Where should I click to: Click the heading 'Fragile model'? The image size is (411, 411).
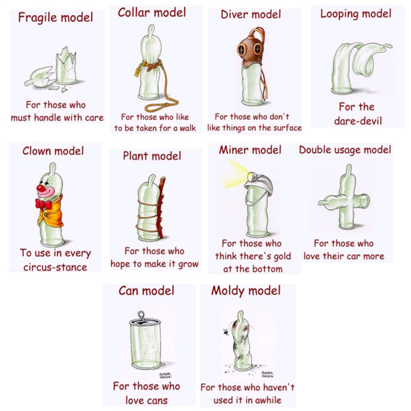click(x=55, y=18)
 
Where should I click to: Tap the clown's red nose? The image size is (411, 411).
click(x=40, y=188)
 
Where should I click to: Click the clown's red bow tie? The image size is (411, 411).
click(x=44, y=203)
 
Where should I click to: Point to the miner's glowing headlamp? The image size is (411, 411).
click(x=252, y=176)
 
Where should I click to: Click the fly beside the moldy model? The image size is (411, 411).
click(x=225, y=332)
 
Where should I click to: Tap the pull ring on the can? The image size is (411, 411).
click(x=141, y=316)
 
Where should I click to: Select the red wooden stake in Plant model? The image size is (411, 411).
click(x=160, y=207)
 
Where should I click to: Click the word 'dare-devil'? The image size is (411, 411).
click(x=358, y=121)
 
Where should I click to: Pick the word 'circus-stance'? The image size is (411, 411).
click(x=55, y=267)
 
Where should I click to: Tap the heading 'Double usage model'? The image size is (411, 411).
click(x=345, y=150)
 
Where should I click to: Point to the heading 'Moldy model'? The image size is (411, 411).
click(x=246, y=291)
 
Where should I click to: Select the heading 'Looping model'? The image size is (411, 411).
click(x=356, y=14)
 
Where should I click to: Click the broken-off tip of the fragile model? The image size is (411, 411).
click(x=39, y=77)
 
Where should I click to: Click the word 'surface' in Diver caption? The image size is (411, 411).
click(x=288, y=128)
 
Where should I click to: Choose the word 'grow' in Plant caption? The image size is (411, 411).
click(x=188, y=264)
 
